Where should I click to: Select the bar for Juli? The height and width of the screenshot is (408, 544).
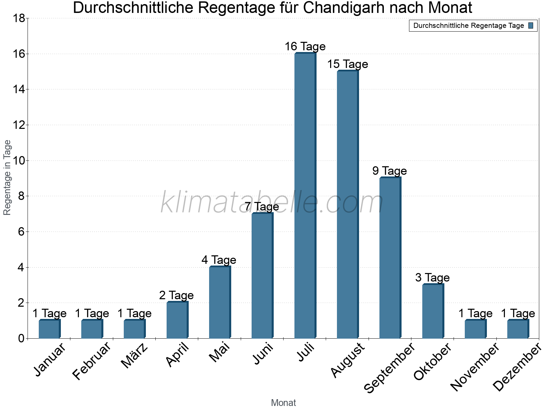(305, 195)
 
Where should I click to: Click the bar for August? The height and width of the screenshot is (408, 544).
(347, 204)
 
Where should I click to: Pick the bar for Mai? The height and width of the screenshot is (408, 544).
(220, 302)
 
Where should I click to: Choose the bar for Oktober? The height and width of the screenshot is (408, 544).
(433, 311)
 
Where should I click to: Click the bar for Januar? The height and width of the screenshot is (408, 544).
(49, 329)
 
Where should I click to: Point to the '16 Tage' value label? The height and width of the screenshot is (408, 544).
(305, 46)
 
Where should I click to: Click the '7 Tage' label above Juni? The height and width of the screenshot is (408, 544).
(262, 206)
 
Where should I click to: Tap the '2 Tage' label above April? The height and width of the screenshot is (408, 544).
(176, 295)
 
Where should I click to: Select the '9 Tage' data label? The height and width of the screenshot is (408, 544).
(390, 171)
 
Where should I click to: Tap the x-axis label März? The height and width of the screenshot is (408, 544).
(135, 356)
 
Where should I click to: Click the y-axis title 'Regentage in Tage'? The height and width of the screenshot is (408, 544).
(7, 177)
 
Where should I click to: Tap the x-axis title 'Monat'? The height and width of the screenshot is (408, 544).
(283, 403)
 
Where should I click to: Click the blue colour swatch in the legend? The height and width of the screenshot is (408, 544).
(531, 26)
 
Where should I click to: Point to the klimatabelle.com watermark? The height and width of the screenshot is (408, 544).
(272, 202)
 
